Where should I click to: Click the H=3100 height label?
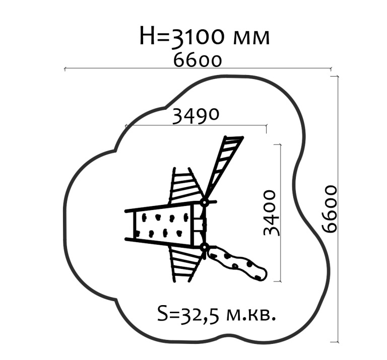(x=205, y=36)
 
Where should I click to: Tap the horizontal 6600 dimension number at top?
(x=198, y=60)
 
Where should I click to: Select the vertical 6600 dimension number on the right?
(x=330, y=209)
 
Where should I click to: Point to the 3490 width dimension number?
(x=195, y=116)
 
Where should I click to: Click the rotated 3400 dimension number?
(x=271, y=213)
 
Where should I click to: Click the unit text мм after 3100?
(x=251, y=38)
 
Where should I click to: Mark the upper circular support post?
(x=205, y=203)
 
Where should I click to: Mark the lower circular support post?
(x=205, y=247)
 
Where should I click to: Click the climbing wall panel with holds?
(x=163, y=225)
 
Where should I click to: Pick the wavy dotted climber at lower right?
(x=237, y=263)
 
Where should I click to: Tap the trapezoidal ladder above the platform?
(x=186, y=185)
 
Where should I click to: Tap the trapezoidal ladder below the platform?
(x=186, y=264)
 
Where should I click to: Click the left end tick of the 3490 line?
(x=126, y=126)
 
